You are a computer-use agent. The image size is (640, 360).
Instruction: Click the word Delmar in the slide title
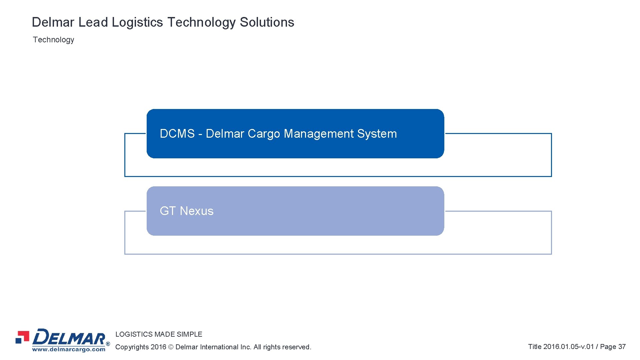pos(53,22)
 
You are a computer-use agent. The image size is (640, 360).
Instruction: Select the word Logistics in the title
pos(137,22)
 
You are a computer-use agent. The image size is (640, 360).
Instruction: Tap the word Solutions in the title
pos(267,22)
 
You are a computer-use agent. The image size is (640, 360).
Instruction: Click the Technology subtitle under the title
pos(53,40)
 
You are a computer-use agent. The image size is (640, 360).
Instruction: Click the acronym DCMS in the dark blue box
pos(177,134)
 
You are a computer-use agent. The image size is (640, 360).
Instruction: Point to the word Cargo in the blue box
pos(264,134)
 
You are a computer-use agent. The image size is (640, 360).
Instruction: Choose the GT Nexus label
pos(187,211)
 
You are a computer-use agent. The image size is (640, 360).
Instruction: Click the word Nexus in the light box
pos(197,211)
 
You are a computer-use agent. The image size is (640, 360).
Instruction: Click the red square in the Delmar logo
pos(24,335)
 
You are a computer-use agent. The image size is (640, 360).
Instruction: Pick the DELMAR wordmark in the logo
pos(69,337)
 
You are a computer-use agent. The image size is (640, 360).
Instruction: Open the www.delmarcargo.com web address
pos(69,349)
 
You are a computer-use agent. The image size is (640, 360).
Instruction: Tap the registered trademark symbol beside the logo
pos(108,344)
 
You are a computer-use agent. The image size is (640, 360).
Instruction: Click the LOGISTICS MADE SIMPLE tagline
pos(159,334)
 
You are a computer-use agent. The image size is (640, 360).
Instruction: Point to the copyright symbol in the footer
pos(171,347)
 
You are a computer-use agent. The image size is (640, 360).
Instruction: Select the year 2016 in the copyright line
pos(158,347)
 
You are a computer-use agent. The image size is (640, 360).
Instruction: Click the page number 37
pos(622,347)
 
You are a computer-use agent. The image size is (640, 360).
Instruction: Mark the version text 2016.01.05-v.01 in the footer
pos(568,347)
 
